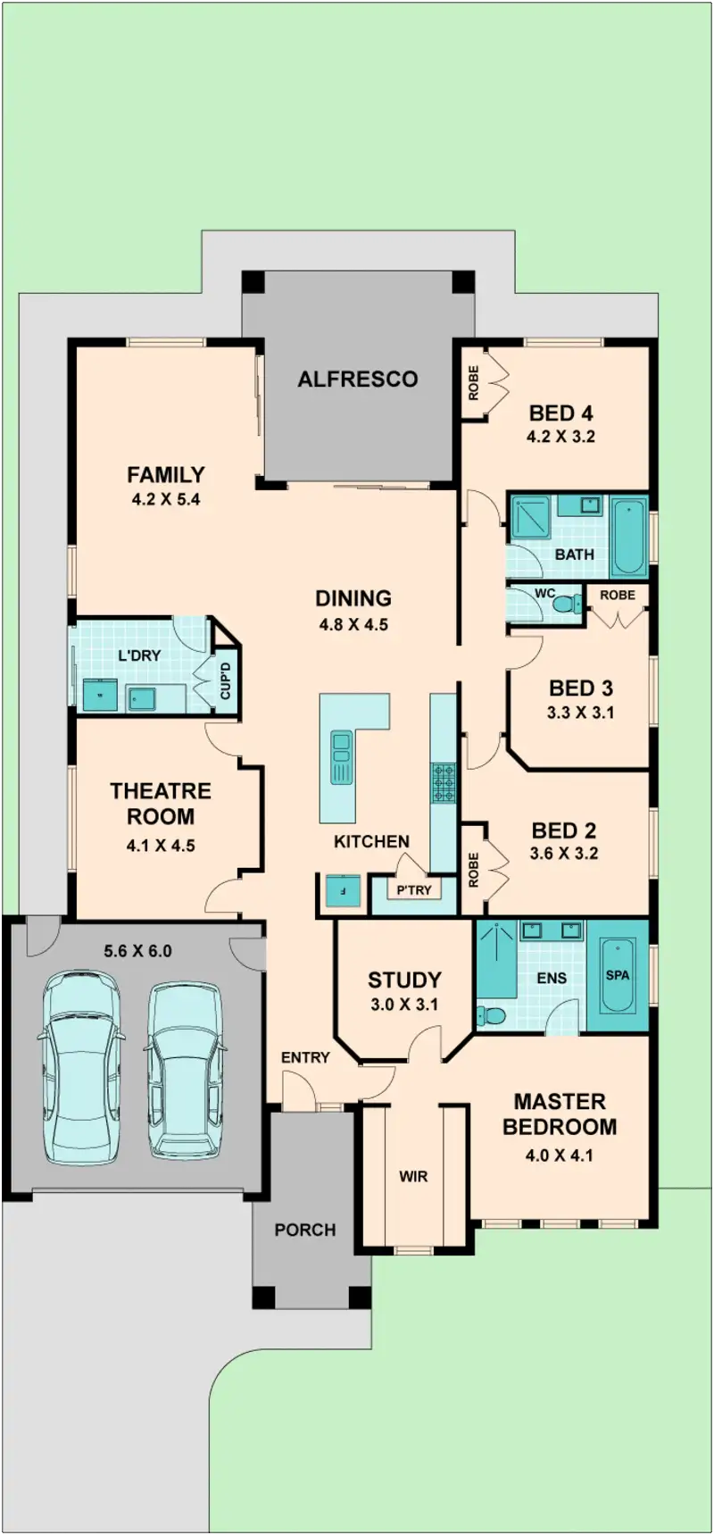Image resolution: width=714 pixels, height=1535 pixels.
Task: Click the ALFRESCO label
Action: (x=357, y=379)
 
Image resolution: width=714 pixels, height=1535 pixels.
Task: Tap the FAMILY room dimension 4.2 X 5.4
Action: (x=166, y=499)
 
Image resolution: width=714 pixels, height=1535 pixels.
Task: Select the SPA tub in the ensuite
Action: (x=618, y=975)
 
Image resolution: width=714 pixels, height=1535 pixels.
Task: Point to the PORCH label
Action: (x=305, y=1230)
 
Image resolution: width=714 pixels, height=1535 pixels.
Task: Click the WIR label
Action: (x=413, y=1176)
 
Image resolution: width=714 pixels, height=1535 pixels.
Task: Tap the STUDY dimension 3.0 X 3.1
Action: (x=404, y=1005)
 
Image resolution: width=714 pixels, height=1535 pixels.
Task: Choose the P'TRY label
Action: (x=414, y=889)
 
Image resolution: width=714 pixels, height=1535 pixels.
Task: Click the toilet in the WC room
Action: (x=565, y=604)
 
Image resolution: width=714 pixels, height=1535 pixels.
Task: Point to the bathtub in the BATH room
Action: (x=629, y=538)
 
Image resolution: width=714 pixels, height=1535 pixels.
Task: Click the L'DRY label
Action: (x=140, y=655)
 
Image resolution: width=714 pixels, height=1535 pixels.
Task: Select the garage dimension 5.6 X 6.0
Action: (x=137, y=951)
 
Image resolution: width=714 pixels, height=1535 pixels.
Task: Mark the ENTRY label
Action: (x=305, y=1057)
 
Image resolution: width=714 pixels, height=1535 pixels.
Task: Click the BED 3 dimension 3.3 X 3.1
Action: (x=580, y=713)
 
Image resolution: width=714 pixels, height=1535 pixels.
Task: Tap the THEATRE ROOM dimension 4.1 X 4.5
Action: (x=161, y=845)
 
